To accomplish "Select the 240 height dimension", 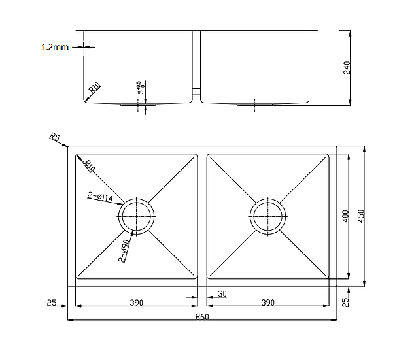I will coord(347,67).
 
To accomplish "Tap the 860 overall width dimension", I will coord(202,317).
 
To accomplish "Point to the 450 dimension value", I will coord(361,216).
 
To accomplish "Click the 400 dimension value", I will coord(345,216).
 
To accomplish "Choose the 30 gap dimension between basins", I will coord(222,294).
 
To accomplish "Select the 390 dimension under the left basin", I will coord(136,303).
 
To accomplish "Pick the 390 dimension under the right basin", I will coord(267,303).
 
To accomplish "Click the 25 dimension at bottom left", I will coord(52,303).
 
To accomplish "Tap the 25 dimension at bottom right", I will coord(346,303).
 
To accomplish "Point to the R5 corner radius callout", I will coord(55,138).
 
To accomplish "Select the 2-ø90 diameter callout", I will coord(124,250).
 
